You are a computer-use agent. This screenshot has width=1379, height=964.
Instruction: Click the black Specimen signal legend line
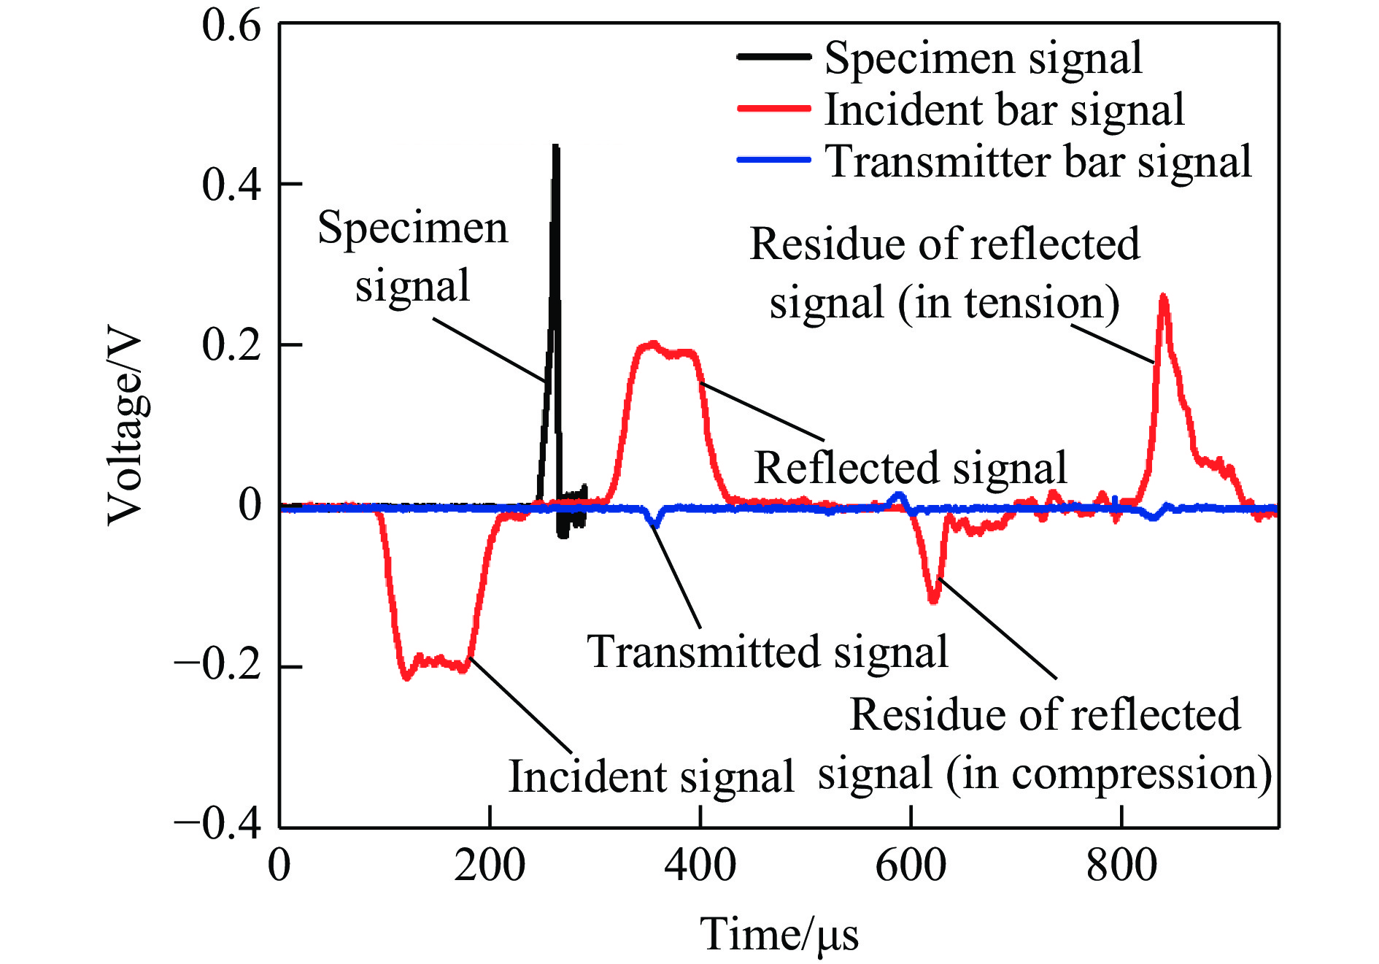pyautogui.click(x=773, y=57)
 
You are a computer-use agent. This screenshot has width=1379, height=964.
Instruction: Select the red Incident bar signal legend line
pyautogui.click(x=773, y=109)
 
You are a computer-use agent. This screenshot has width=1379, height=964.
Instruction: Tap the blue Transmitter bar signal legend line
pyautogui.click(x=773, y=160)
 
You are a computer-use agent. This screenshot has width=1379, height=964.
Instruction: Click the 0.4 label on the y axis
pyautogui.click(x=231, y=185)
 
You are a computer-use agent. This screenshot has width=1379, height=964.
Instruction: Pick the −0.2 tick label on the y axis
pyautogui.click(x=217, y=666)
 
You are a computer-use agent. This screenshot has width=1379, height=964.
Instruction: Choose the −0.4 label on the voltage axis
pyautogui.click(x=217, y=825)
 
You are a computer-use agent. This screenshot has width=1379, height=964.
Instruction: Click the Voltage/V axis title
pyautogui.click(x=125, y=428)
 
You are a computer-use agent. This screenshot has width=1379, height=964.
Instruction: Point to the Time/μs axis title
pyautogui.click(x=779, y=934)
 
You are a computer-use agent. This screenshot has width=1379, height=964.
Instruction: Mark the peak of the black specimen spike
pyautogui.click(x=556, y=148)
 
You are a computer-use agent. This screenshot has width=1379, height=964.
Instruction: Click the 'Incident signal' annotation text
pyautogui.click(x=651, y=776)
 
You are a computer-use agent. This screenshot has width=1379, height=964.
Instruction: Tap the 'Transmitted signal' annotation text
pyautogui.click(x=768, y=652)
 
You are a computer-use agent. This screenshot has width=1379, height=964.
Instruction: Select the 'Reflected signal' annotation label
pyautogui.click(x=911, y=468)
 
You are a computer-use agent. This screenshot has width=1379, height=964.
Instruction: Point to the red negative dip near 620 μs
pyautogui.click(x=934, y=600)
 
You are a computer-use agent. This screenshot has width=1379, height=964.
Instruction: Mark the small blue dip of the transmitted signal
pyautogui.click(x=655, y=523)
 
